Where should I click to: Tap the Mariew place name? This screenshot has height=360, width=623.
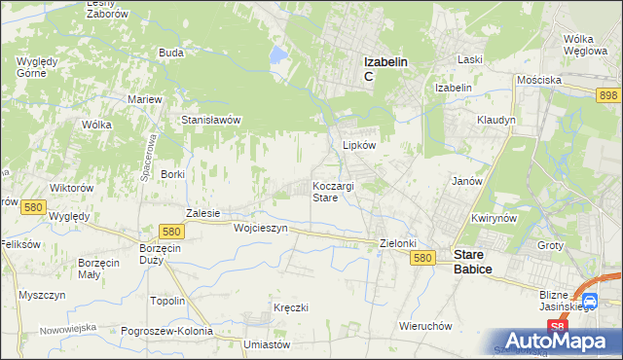pos(144,99)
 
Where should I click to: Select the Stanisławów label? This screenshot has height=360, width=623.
pos(211,120)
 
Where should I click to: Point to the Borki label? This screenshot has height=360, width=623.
pos(172,173)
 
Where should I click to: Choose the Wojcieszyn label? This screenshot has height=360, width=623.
pos(261,228)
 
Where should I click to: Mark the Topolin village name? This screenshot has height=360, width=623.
pos(167,301)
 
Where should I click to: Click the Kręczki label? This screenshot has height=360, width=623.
pos(291,307)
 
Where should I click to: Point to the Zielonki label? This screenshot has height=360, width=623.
pos(398,243)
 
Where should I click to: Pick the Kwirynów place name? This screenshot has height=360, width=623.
pos(492,219)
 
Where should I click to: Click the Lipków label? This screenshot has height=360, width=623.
pos(359,144)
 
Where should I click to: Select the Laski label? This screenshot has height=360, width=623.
pos(470,59)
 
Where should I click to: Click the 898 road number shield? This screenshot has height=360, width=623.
pos(608,93)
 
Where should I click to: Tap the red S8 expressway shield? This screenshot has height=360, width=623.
pos(556,327)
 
